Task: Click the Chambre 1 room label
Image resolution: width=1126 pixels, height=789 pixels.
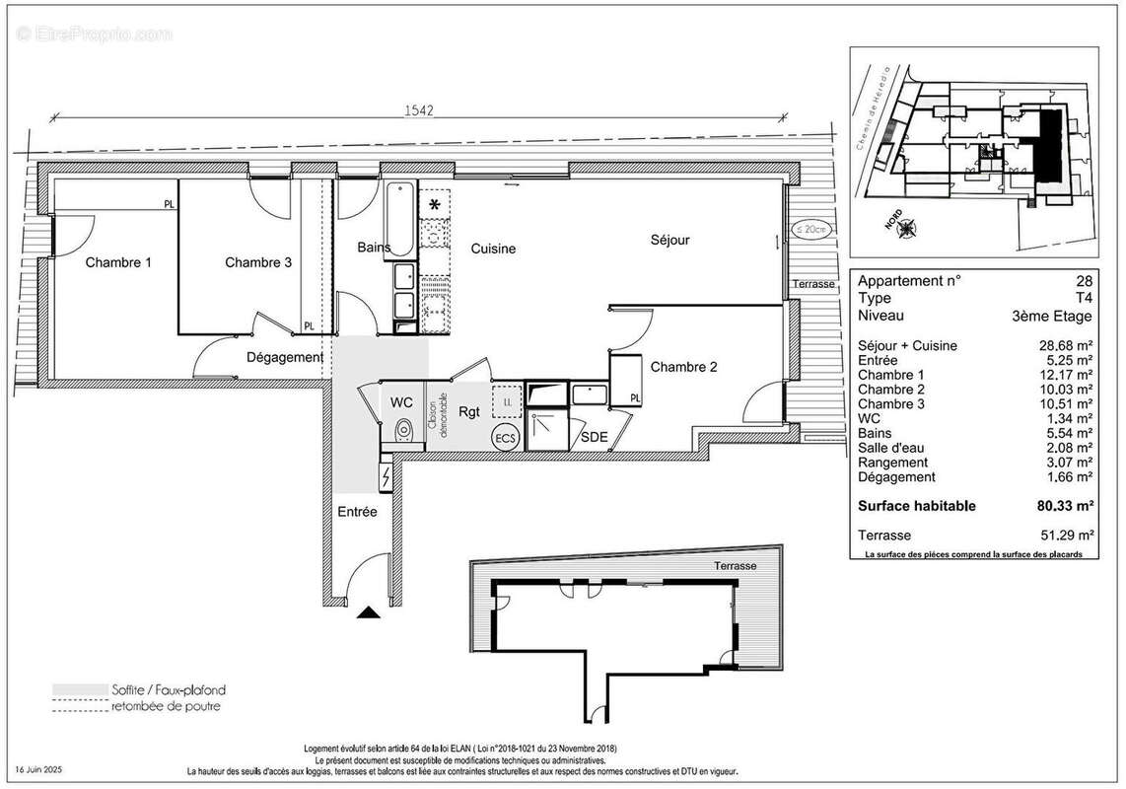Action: point(118,262)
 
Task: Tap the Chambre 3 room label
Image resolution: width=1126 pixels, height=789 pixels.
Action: point(258,262)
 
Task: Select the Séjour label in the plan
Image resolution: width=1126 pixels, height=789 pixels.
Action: point(669,240)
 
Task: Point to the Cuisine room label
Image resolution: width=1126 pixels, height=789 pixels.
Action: point(492,249)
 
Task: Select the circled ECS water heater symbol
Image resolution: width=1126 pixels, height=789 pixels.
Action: point(505,437)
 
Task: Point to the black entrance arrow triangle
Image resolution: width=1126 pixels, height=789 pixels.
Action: point(369,612)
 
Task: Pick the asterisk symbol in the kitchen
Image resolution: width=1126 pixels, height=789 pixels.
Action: point(435,205)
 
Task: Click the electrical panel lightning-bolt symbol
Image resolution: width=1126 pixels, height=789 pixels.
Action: point(386,478)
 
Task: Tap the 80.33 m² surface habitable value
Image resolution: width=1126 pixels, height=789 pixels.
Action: point(1066,506)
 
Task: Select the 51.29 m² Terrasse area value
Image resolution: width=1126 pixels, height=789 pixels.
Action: point(1066,536)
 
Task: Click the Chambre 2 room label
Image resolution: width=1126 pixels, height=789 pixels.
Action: point(683,367)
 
